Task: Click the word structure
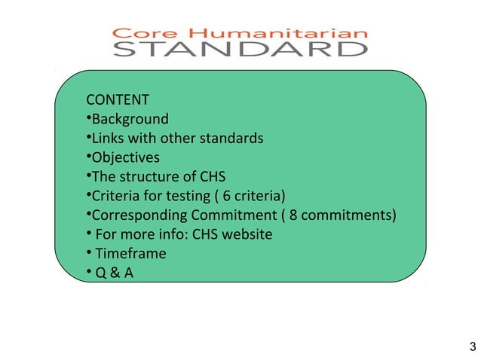[x=147, y=178]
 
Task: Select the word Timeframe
[x=130, y=254]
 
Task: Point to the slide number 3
[x=471, y=347]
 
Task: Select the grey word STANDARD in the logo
[x=240, y=50]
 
